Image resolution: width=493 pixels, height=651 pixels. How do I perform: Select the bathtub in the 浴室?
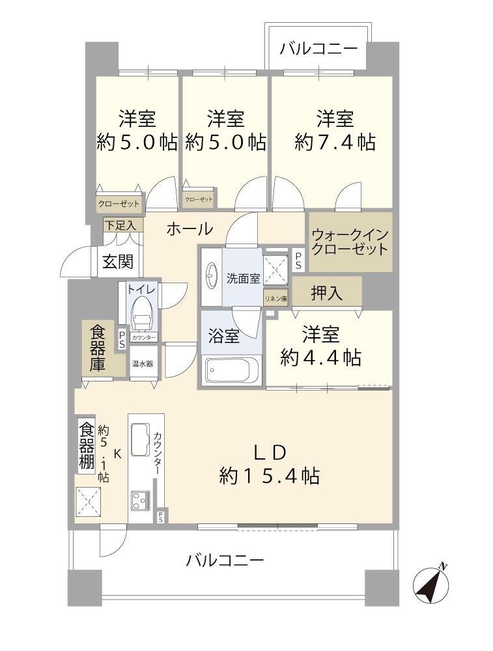pos(231,370)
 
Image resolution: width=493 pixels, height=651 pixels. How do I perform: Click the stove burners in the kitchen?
pos(141,501)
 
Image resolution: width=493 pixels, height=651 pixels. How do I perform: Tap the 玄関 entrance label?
pos(118,262)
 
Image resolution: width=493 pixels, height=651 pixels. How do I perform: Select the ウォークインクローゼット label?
pos(350,242)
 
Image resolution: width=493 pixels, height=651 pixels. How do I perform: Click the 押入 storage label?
pos(326,293)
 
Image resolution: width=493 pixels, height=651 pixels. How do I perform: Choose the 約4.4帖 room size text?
pos(320,357)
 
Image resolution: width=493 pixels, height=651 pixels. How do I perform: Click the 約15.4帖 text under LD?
pos(270,476)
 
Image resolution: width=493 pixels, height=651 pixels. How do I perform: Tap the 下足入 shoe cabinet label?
pos(120,225)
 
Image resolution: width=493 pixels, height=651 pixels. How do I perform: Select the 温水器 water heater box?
pos(143,364)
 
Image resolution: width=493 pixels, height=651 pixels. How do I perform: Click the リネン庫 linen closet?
pos(275,298)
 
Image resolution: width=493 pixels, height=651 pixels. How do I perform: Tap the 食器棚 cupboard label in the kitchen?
pos(87,445)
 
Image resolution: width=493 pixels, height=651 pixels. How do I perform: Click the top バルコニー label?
pos(318,49)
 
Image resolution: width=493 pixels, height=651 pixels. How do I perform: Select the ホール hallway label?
pos(190,229)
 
